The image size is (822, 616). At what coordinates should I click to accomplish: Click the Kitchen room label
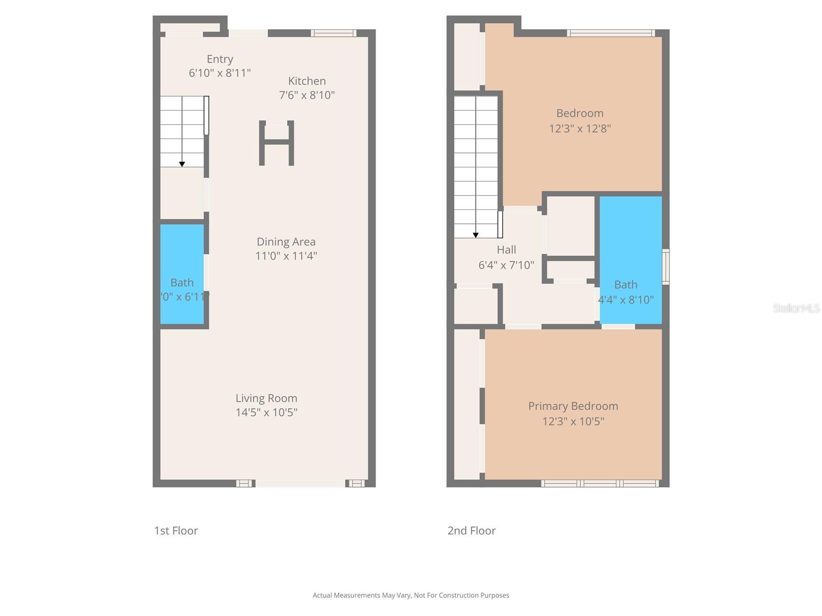(x=307, y=81)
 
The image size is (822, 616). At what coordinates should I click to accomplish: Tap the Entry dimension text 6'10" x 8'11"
(x=219, y=73)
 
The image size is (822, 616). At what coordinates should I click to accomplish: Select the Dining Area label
(x=286, y=242)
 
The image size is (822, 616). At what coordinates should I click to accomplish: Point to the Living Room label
(x=266, y=398)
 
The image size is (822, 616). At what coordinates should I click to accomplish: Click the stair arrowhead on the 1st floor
(x=182, y=164)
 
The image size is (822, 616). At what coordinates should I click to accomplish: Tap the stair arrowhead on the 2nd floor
(x=476, y=235)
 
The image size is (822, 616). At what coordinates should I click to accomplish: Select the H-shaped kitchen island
(x=276, y=143)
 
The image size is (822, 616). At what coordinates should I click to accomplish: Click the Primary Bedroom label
(x=573, y=406)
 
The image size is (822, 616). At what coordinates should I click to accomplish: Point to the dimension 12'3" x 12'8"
(x=580, y=128)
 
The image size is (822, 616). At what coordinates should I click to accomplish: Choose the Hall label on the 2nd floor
(x=506, y=250)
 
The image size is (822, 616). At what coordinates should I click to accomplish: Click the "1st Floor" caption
(x=176, y=531)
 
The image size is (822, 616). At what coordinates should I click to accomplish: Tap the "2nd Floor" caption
(x=471, y=531)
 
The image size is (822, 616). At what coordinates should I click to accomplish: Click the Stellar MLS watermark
(x=796, y=308)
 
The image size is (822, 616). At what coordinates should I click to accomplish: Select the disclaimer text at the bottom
(x=411, y=595)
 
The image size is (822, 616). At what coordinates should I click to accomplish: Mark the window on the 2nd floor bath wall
(x=666, y=266)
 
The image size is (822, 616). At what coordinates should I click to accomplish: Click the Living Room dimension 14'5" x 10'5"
(x=266, y=412)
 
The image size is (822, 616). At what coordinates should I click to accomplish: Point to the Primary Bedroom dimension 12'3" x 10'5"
(x=573, y=421)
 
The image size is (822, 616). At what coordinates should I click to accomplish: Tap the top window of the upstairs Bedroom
(x=611, y=33)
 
